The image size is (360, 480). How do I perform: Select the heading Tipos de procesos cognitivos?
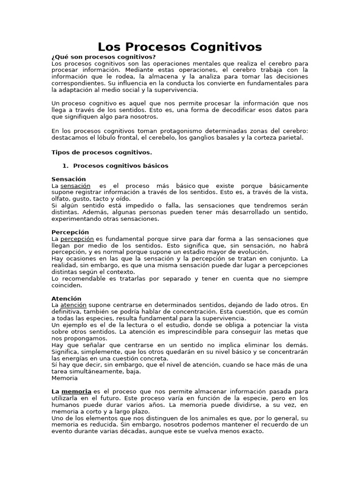[x=101, y=152]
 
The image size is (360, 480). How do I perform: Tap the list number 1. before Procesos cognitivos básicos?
[x=65, y=166]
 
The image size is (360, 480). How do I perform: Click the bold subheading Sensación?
[x=68, y=179]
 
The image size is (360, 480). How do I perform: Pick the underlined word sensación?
[x=75, y=186]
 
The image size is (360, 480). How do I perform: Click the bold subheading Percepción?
[x=70, y=232]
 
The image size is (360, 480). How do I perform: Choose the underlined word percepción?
[x=77, y=239]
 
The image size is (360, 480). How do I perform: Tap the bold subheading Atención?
[x=66, y=299]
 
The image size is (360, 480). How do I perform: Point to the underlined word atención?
[x=74, y=305]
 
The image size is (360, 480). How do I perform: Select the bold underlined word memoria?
[x=76, y=391]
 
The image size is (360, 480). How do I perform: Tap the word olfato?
[x=60, y=199]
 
